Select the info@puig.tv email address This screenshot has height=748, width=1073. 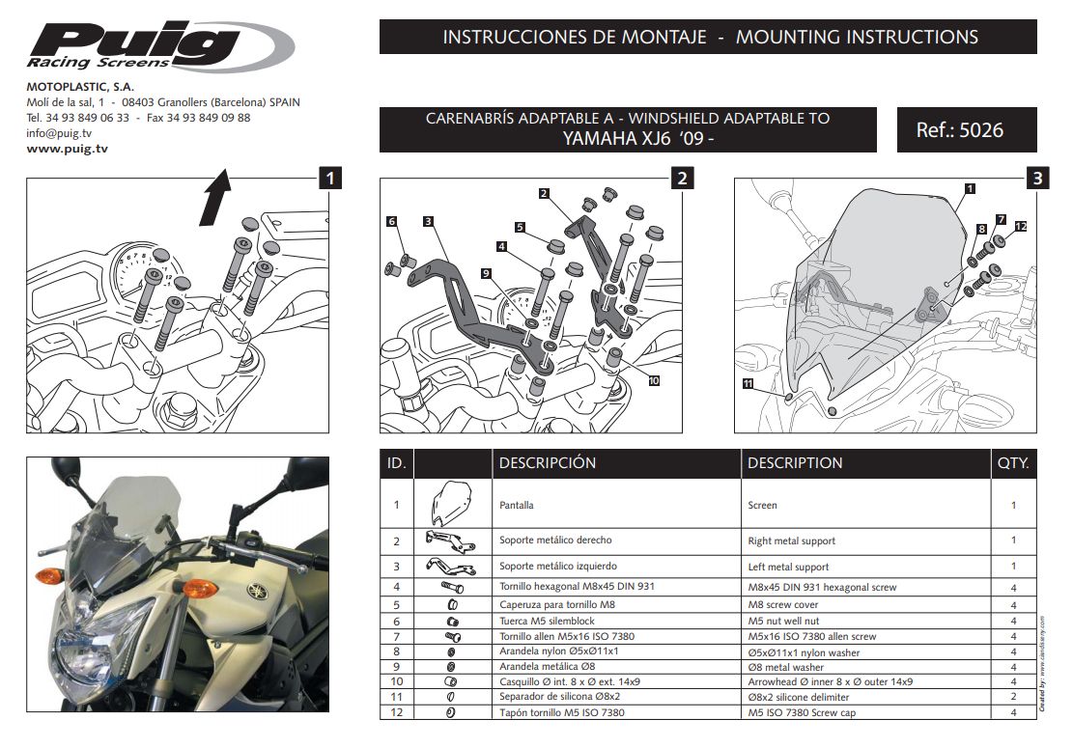point(59,133)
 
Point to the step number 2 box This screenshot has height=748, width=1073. point(681,178)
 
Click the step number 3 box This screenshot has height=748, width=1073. point(1036,178)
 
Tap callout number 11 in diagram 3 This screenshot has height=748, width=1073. point(748,383)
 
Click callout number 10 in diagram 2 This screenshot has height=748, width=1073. point(653,380)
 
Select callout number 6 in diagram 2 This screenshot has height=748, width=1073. point(391,222)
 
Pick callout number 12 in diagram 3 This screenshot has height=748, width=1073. point(1021,227)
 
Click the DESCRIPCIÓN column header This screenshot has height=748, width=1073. point(547,463)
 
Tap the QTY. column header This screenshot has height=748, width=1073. point(1013,463)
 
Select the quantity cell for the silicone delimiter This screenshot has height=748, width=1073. point(1013,697)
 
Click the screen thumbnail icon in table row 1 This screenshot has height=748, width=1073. point(451,503)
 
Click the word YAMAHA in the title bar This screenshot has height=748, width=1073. point(598,138)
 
